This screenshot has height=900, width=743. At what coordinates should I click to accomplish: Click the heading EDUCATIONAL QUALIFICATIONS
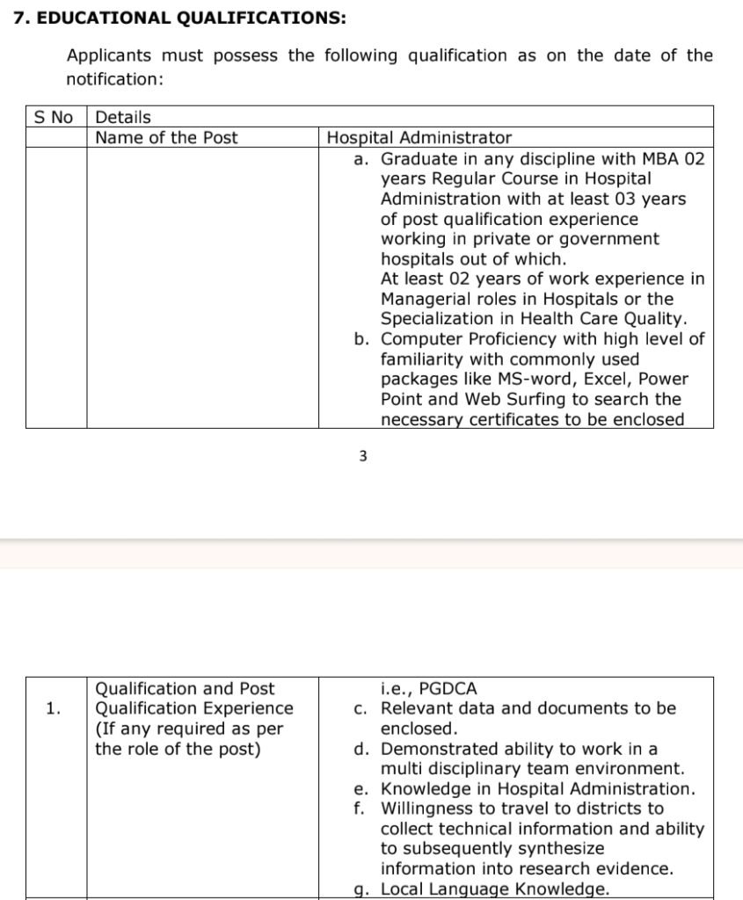[190, 18]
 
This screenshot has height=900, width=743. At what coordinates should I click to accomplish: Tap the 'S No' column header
[53, 117]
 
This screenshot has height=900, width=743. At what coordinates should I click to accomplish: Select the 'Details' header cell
[122, 117]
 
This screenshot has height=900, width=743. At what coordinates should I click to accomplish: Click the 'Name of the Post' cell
[166, 137]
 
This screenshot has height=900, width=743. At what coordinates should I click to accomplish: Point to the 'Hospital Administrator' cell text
[419, 137]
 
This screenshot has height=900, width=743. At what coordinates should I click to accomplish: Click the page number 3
[362, 455]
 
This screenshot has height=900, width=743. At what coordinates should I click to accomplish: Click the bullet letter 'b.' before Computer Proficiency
[361, 339]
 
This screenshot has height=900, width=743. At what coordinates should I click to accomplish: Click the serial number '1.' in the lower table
[54, 708]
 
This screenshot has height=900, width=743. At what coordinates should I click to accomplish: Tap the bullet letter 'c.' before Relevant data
[361, 708]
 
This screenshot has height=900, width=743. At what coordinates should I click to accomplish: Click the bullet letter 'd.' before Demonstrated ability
[361, 749]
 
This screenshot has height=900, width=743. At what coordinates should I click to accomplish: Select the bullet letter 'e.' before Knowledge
[361, 789]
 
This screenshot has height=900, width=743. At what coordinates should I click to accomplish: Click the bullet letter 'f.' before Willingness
[361, 809]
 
